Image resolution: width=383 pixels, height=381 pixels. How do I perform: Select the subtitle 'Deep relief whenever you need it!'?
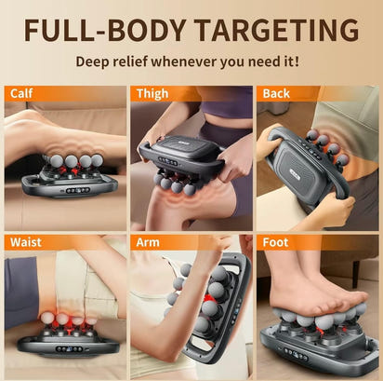coord(191,62)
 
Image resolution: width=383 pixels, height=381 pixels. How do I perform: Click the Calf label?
coord(21,93)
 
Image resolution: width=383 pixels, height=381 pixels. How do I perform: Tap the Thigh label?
coord(152,93)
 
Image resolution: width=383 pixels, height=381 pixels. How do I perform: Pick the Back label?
coord(276,93)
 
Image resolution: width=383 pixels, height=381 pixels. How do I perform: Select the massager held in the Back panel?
coord(307,168)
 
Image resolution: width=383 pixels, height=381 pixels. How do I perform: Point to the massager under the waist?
coord(67,335)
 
